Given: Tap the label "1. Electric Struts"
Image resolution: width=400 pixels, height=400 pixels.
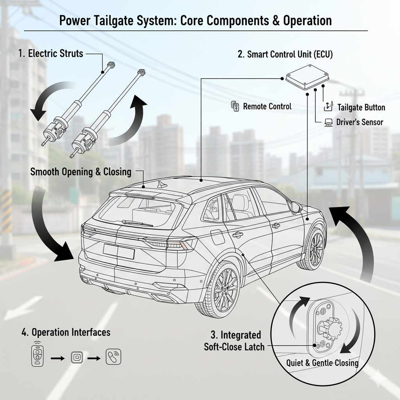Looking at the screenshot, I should [x=51, y=54].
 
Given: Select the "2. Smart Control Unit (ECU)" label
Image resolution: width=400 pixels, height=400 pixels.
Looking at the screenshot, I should [x=285, y=54].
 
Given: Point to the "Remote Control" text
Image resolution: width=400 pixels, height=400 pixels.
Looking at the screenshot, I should [x=267, y=106].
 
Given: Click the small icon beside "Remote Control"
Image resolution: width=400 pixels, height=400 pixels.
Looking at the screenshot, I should [x=235, y=106].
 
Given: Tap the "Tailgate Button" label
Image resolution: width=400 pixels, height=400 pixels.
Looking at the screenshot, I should [x=361, y=107].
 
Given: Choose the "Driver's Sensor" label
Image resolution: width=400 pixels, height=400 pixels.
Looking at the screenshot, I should [x=359, y=122].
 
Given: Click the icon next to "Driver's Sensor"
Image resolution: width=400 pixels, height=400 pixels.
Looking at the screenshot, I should [x=329, y=122].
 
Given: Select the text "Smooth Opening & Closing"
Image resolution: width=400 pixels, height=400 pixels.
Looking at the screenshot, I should [x=81, y=171].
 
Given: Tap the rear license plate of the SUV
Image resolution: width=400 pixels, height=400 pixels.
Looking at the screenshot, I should [x=119, y=251].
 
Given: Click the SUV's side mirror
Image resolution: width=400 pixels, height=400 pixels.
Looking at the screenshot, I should [x=296, y=207].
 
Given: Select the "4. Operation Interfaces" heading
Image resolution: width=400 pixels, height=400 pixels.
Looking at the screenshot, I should [x=66, y=332].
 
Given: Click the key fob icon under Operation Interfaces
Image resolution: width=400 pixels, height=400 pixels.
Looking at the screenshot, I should [x=37, y=355].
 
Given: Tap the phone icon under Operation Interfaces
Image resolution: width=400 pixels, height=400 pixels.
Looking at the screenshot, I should [x=113, y=356].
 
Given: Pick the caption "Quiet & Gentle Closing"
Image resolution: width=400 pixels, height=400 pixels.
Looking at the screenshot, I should [x=322, y=363].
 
